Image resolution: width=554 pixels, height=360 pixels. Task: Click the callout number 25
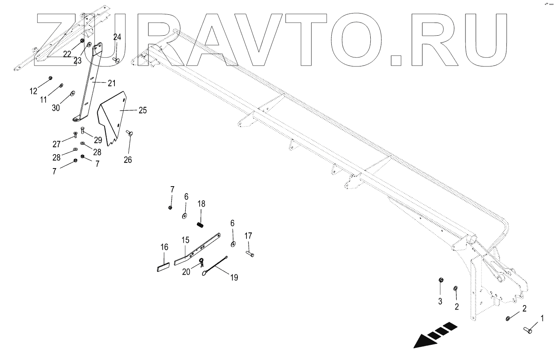[x=142, y=110]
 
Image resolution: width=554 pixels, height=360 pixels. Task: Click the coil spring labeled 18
[x=201, y=225]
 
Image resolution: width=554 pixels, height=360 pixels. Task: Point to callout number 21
[x=112, y=83]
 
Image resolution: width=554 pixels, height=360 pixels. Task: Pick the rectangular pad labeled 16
[x=163, y=268]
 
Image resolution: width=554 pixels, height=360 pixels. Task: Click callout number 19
[x=234, y=278]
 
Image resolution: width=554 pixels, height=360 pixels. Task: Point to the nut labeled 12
[x=50, y=78]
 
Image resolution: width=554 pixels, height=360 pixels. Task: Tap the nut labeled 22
[x=82, y=41]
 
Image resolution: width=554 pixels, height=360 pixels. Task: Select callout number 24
[x=117, y=36]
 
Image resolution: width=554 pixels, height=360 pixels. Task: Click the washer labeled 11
[x=61, y=85]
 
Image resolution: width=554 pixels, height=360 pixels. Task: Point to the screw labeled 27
[x=75, y=134]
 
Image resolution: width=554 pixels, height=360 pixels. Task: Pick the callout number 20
[x=186, y=271]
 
